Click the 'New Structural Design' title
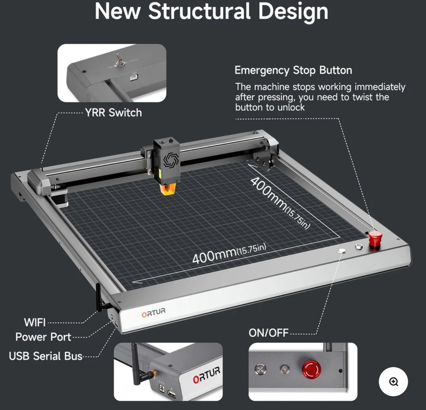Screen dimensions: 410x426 pyautogui.click(x=211, y=11)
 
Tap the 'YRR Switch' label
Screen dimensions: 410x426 pyautogui.click(x=113, y=113)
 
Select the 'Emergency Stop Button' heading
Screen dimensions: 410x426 pyautogui.click(x=293, y=70)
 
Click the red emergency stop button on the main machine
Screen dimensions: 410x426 pyautogui.click(x=375, y=238)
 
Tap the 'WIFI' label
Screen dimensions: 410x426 pyautogui.click(x=35, y=322)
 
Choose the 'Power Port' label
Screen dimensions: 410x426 pyautogui.click(x=43, y=337)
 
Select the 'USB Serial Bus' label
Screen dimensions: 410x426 pyautogui.click(x=45, y=356)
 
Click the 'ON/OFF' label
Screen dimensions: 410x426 pyautogui.click(x=268, y=333)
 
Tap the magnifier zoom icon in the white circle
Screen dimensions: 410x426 pyautogui.click(x=393, y=382)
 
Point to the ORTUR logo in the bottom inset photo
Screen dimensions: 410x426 pyautogui.click(x=206, y=374)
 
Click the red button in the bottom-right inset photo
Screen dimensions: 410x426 pyautogui.click(x=311, y=369)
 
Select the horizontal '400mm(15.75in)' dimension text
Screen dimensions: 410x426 pyautogui.click(x=229, y=254)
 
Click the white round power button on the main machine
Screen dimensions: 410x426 pyautogui.click(x=342, y=251)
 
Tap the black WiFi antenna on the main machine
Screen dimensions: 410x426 pyautogui.click(x=99, y=298)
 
